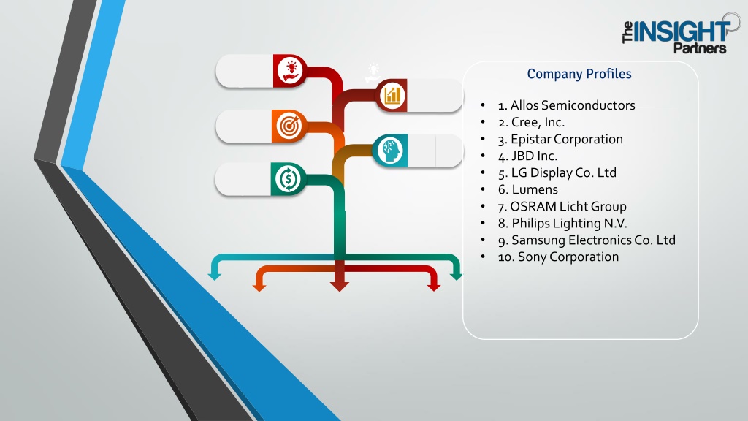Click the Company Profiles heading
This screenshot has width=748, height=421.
click(579, 74)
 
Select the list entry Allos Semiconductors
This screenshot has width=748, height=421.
click(566, 105)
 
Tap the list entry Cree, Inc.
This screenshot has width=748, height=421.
click(531, 122)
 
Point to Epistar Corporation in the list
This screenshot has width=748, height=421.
click(560, 139)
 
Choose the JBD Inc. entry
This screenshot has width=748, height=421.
click(527, 156)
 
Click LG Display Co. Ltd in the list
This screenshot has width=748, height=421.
click(557, 172)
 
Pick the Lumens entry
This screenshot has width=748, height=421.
click(527, 189)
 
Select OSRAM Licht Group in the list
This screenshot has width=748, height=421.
click(562, 206)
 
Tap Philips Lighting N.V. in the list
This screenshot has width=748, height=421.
click(562, 223)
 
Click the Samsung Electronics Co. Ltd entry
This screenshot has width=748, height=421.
click(587, 240)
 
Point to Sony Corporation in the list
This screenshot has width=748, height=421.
click(558, 257)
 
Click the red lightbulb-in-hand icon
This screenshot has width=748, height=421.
click(290, 71)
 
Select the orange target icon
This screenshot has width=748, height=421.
click(289, 126)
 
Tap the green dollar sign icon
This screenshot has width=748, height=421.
click(288, 179)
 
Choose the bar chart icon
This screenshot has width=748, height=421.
click(392, 95)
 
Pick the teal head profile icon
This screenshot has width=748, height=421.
click(390, 151)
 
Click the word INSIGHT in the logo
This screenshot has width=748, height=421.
click(680, 31)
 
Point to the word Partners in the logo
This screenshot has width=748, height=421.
click(700, 48)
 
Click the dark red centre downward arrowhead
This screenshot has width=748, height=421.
click(339, 286)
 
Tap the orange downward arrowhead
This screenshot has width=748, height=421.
click(259, 286)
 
